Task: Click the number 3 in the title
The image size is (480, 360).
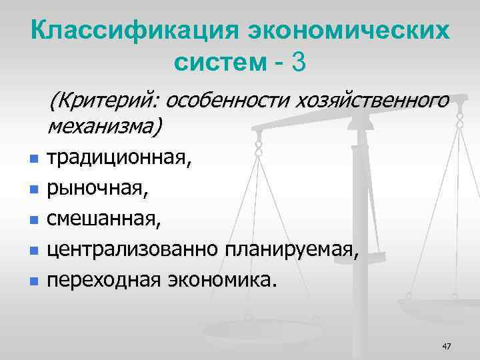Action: pyautogui.click(x=299, y=63)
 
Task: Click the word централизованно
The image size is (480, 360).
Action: pyautogui.click(x=133, y=249)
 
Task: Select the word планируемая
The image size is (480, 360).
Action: pyautogui.click(x=294, y=249)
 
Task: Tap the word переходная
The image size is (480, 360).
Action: pyautogui.click(x=103, y=279)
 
